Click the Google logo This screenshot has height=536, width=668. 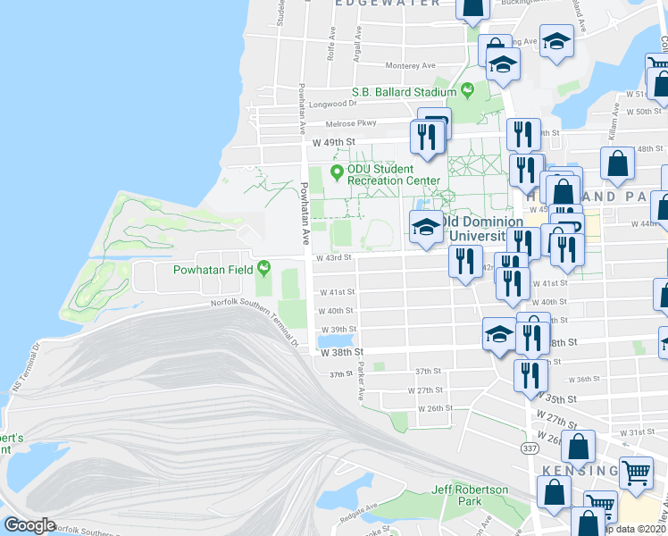coord(29,525)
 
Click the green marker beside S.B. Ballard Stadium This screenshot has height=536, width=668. coord(465,90)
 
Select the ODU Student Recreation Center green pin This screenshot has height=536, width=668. coord(337,172)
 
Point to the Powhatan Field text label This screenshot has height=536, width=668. coord(203,268)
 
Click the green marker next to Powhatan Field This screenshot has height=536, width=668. coord(263,268)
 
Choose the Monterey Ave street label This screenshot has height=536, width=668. coord(410,65)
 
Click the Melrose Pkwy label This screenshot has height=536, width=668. coord(351,122)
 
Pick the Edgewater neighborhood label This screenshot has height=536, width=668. coord(388,4)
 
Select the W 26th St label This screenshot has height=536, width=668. coord(435,408)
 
